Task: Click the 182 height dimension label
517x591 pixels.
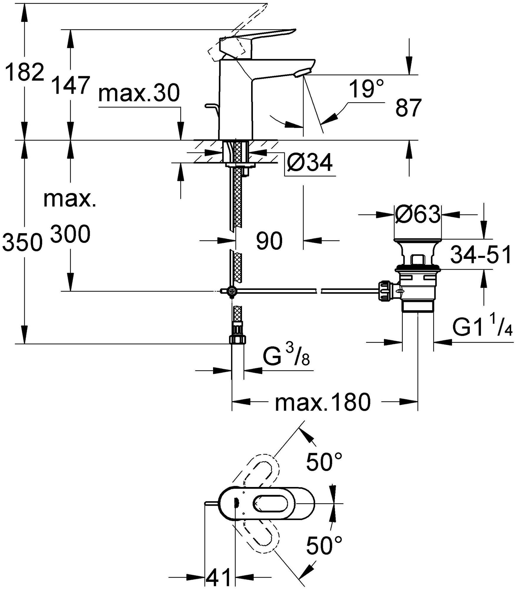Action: pyautogui.click(x=25, y=73)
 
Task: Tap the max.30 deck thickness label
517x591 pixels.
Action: pyautogui.click(x=139, y=93)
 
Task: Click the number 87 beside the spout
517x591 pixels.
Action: pyautogui.click(x=408, y=108)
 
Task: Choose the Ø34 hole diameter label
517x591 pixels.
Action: pyautogui.click(x=309, y=163)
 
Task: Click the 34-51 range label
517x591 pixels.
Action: pyautogui.click(x=481, y=255)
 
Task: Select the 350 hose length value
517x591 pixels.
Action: pyautogui.click(x=21, y=242)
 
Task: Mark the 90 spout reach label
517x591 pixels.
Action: pyautogui.click(x=269, y=241)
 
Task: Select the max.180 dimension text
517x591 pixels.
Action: pyautogui.click(x=322, y=402)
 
